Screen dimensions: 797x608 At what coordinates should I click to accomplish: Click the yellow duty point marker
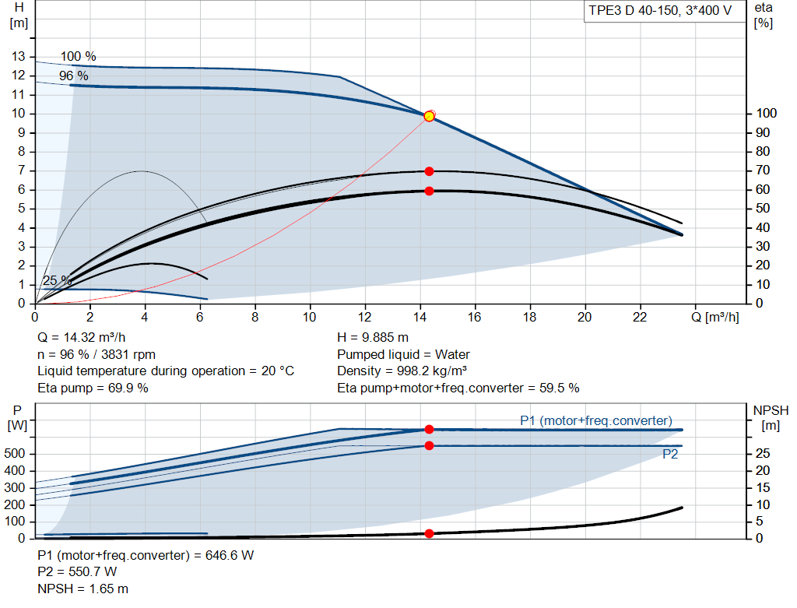(x=429, y=117)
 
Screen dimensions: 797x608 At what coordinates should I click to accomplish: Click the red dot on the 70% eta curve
(x=429, y=171)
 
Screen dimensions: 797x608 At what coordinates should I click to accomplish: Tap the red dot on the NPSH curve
(x=429, y=533)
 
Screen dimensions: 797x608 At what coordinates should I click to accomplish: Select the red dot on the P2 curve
(x=429, y=446)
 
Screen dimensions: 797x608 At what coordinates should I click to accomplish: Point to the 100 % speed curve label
(x=79, y=56)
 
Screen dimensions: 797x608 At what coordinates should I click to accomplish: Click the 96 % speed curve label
(x=74, y=76)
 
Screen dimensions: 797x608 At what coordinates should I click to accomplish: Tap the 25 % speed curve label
(x=57, y=280)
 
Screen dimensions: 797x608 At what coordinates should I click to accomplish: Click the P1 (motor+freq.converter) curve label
(x=595, y=421)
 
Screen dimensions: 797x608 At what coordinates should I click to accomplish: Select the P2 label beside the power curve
(x=670, y=454)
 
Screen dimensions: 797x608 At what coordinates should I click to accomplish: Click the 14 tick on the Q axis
(x=420, y=317)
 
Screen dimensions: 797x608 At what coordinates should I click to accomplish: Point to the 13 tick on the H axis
(x=19, y=56)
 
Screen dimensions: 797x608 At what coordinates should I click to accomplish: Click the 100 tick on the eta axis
(x=766, y=114)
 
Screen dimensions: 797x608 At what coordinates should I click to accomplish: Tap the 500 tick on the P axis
(x=14, y=453)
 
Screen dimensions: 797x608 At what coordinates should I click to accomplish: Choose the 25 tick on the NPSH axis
(x=763, y=453)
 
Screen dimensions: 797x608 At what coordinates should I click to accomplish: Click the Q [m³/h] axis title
(x=714, y=317)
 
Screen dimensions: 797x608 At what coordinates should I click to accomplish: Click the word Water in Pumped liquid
(x=452, y=354)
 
